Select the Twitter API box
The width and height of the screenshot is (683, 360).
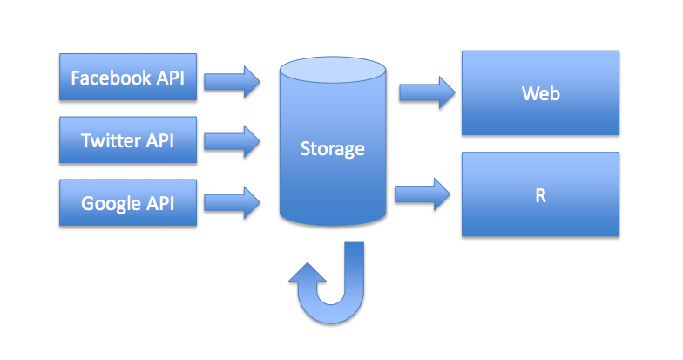tap(127, 140)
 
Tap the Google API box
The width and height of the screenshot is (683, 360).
tap(127, 203)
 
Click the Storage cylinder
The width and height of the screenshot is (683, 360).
tap(332, 139)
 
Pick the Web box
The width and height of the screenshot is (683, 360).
tap(540, 93)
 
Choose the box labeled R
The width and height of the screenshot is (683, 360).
tap(540, 194)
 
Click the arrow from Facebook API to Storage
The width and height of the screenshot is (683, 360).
tap(232, 81)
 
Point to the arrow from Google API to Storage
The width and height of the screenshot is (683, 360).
tap(232, 203)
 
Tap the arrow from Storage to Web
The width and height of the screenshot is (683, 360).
tap(428, 91)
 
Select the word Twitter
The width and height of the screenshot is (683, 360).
tap(111, 140)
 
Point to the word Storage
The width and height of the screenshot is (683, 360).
tap(332, 149)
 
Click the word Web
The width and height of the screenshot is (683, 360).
tap(540, 93)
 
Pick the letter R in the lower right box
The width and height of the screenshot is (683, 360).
tap(540, 194)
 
